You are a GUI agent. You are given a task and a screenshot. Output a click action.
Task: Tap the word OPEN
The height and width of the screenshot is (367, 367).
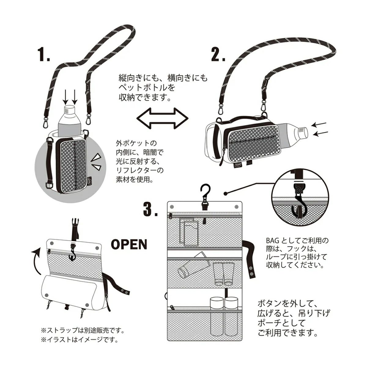129,244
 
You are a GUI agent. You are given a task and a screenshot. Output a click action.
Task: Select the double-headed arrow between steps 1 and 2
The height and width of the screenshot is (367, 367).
161,117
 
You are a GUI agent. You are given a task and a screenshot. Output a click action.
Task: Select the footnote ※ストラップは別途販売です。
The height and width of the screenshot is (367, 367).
83,331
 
